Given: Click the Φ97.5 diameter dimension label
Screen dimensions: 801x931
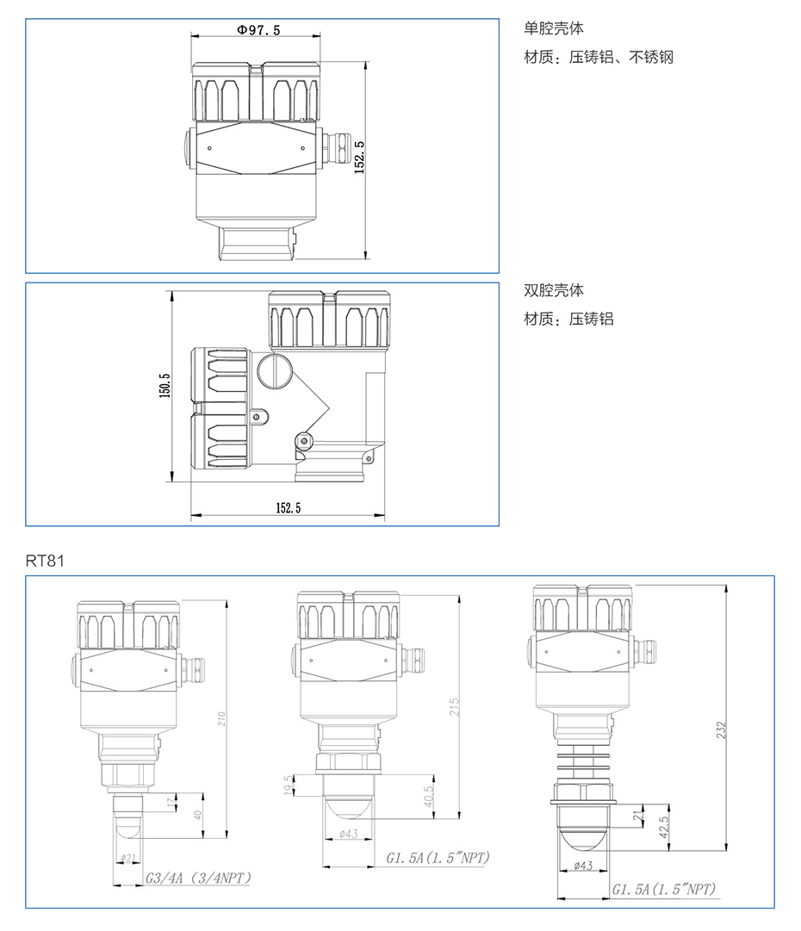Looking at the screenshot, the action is (259, 29).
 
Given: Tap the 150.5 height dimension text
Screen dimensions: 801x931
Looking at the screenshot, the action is (165, 385).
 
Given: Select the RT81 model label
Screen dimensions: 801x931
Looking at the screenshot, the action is (45, 561).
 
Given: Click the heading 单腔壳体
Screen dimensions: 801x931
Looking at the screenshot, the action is (554, 28).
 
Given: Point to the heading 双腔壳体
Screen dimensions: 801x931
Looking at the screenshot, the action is (554, 289).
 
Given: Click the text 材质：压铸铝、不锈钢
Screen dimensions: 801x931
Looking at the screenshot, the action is (599, 57).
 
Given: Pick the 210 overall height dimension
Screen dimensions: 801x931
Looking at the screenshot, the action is (221, 719).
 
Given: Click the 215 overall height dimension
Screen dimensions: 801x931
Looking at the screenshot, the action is (454, 706).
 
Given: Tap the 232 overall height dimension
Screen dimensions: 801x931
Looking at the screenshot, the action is (721, 729).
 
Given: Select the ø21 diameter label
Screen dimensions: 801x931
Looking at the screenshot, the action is (128, 858).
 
